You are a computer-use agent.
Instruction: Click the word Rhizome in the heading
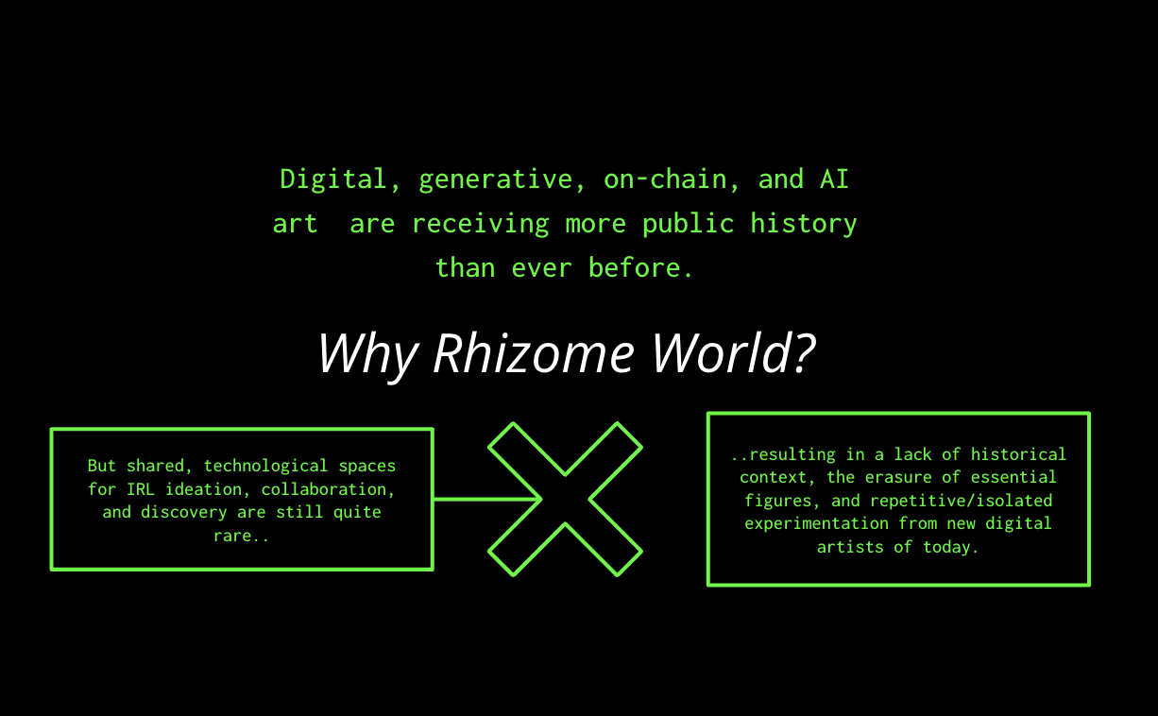tap(534, 354)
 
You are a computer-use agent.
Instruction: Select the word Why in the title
tap(368, 357)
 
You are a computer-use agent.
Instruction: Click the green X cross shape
tap(565, 499)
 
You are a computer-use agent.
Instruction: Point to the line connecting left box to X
tap(487, 499)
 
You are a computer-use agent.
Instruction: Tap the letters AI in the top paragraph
tap(834, 179)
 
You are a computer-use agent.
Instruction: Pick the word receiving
tap(480, 224)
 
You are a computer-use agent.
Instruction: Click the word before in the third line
tap(635, 267)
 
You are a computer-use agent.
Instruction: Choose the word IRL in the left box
tap(141, 488)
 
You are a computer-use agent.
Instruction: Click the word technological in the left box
tap(265, 466)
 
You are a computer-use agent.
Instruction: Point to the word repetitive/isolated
tap(961, 501)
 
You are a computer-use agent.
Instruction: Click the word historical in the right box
tap(1018, 454)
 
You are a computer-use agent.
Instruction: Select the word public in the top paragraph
tap(688, 224)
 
